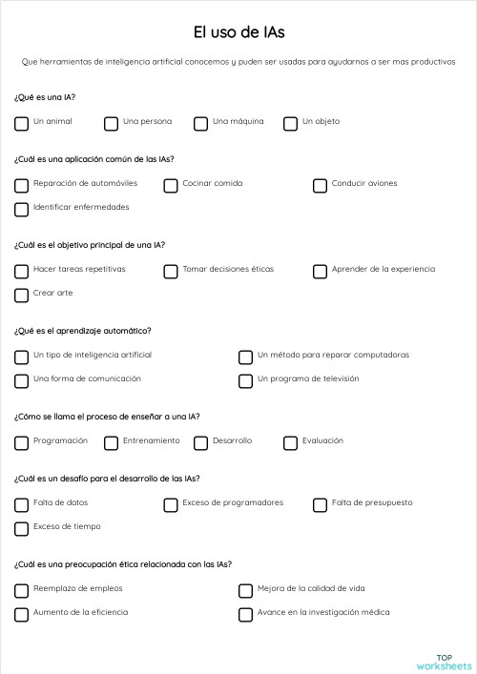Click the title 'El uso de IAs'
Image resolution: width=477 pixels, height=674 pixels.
point(238,32)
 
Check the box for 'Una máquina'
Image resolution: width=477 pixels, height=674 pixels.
point(200,123)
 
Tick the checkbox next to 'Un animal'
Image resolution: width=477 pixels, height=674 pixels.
point(21,123)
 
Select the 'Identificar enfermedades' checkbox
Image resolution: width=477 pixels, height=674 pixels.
point(21,209)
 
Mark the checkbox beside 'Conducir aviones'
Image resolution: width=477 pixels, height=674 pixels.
point(320,185)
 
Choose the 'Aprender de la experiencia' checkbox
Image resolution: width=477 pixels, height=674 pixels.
point(320,271)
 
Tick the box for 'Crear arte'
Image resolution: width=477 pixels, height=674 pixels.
point(21,295)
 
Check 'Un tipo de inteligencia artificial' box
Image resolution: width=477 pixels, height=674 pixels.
point(21,357)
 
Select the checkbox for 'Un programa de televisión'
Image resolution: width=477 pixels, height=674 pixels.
point(245,380)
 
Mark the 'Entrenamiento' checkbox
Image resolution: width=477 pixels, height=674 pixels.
point(111,442)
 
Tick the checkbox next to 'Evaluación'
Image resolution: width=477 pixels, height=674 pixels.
point(290,442)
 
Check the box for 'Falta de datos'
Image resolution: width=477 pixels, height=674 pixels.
point(21,504)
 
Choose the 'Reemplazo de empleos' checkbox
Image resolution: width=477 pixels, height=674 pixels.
point(21,590)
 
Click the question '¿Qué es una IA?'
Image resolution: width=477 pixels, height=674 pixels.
point(45,97)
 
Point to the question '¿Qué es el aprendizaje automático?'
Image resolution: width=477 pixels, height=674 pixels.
point(82,331)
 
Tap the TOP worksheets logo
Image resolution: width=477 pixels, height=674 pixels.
point(444,662)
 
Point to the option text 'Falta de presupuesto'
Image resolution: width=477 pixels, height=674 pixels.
point(372,502)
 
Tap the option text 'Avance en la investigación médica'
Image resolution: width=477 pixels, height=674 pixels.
point(323,612)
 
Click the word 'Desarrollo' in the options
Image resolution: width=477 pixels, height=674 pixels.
point(232,440)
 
